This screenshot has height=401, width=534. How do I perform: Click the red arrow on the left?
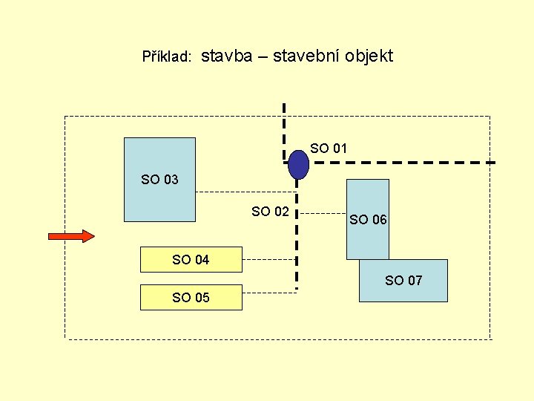(x=71, y=236)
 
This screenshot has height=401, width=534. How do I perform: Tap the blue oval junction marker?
(x=298, y=165)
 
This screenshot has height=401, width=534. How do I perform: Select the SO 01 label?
(x=329, y=149)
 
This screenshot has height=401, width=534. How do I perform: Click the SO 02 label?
(x=270, y=212)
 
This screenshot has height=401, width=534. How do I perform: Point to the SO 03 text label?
(x=159, y=179)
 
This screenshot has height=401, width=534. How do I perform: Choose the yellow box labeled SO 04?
(x=191, y=259)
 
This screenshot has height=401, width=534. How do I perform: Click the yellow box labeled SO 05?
(x=191, y=297)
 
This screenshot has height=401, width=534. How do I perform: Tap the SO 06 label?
(x=368, y=220)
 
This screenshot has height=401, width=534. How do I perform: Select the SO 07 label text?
(x=403, y=281)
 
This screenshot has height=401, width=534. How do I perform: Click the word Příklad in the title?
(x=168, y=57)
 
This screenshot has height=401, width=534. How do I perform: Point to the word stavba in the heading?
(x=226, y=56)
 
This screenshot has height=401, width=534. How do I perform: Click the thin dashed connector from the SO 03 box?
(x=245, y=192)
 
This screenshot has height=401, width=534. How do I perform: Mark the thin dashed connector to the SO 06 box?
(x=323, y=214)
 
